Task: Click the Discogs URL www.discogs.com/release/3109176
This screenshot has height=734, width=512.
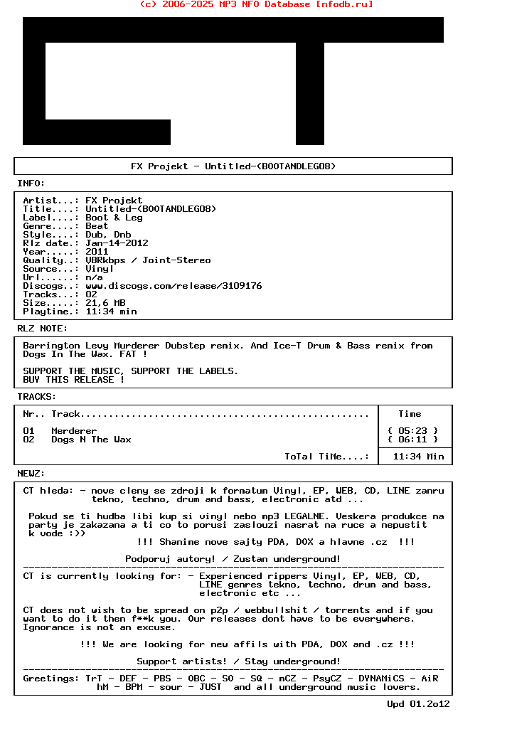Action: click(x=174, y=286)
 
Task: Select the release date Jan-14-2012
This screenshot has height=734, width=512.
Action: click(x=117, y=243)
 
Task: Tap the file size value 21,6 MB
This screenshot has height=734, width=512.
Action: click(x=105, y=303)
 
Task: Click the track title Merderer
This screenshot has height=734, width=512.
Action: click(x=74, y=431)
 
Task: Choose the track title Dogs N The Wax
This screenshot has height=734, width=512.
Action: click(x=91, y=440)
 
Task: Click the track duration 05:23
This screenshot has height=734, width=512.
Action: click(x=412, y=431)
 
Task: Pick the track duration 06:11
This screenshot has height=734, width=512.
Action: click(x=412, y=440)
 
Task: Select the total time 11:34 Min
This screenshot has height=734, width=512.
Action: click(x=418, y=457)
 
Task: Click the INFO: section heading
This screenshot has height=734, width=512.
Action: click(x=31, y=183)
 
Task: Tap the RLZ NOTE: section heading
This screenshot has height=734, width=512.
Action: click(x=43, y=329)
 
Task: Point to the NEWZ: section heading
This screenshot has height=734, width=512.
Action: click(x=31, y=474)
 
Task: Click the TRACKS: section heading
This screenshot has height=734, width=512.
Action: click(x=37, y=397)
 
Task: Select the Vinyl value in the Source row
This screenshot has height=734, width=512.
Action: click(x=100, y=269)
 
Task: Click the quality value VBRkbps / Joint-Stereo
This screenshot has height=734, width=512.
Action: click(x=148, y=260)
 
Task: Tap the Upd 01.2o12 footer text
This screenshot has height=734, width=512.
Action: click(x=418, y=704)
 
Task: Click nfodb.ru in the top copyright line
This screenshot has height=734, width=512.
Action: click(x=344, y=4)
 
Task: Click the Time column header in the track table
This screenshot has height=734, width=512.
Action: click(x=410, y=414)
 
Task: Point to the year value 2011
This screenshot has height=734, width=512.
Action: click(x=97, y=252)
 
